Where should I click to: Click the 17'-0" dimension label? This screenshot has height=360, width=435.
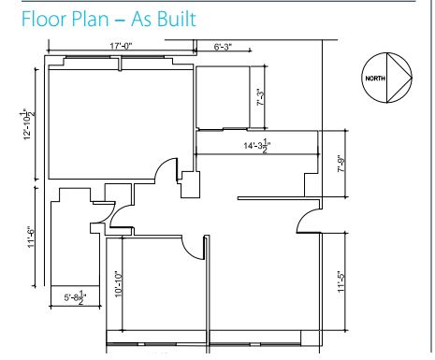point(121,46)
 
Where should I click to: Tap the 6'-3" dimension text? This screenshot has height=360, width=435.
point(223,47)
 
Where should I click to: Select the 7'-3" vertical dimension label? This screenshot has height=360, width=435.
point(261,97)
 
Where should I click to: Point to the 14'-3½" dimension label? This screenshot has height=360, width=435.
point(257,146)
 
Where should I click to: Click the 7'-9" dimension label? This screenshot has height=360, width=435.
point(341,166)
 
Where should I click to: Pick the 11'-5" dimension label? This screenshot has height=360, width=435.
point(341,281)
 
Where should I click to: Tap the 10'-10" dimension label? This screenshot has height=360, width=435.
point(119,283)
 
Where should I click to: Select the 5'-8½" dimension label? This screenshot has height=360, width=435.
point(75,297)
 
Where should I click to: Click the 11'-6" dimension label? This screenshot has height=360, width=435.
point(32,237)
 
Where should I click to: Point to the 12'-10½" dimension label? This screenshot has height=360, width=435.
point(28,124)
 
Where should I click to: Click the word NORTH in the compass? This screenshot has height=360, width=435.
point(375,79)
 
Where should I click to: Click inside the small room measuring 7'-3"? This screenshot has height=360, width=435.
point(223,97)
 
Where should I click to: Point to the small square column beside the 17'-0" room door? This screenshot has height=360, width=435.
point(190,184)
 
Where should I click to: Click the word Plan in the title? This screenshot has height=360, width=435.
point(91,19)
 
